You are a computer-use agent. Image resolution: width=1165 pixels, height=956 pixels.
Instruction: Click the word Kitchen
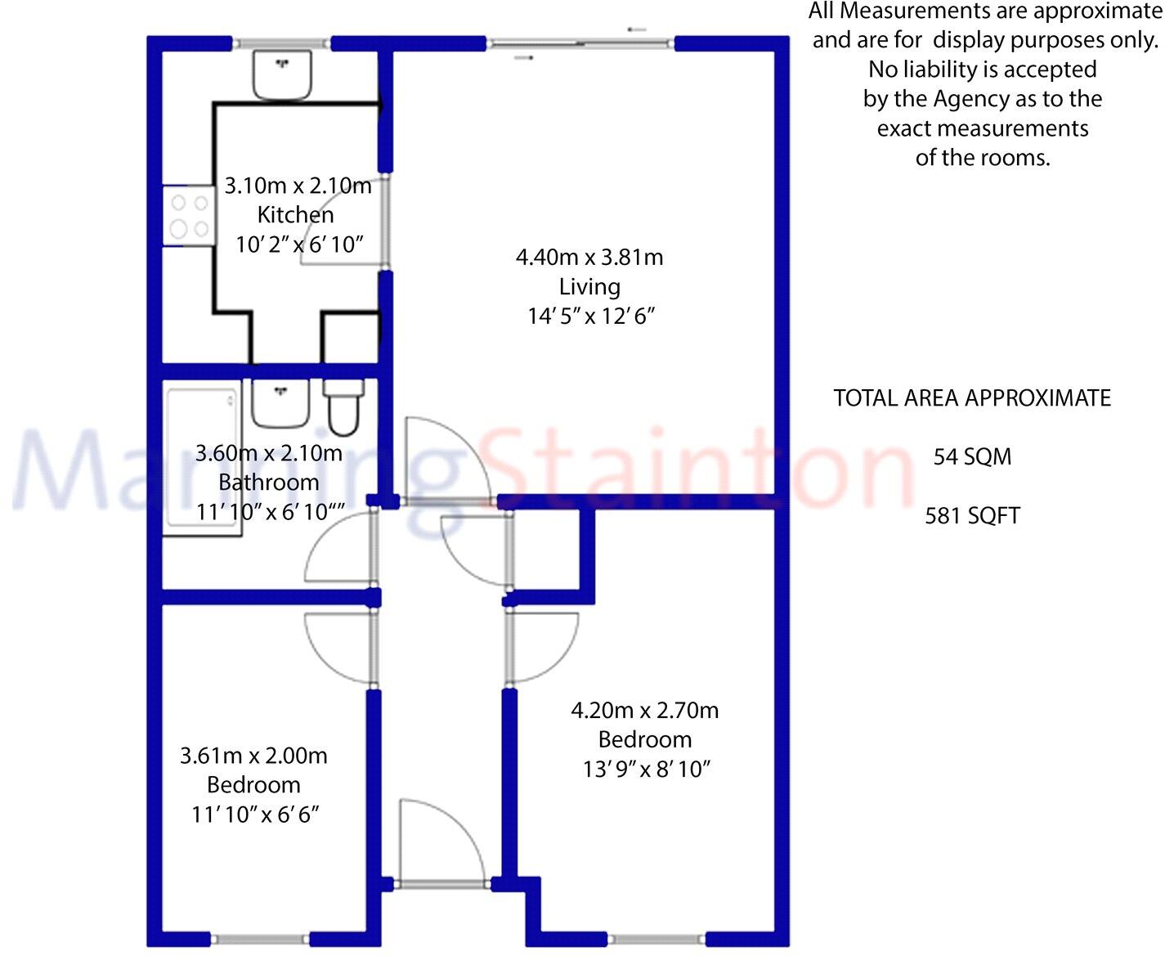[295, 215]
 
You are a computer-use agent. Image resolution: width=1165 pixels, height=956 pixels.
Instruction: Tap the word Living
[589, 287]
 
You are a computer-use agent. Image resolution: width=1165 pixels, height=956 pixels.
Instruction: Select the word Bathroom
[268, 482]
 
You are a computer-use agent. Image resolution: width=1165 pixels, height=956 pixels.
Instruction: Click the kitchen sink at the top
[282, 74]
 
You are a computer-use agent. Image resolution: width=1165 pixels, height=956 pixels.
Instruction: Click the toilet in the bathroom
[343, 406]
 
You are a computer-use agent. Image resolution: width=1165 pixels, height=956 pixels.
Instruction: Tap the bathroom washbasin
[280, 402]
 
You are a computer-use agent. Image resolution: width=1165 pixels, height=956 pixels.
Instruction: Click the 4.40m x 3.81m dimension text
[589, 258]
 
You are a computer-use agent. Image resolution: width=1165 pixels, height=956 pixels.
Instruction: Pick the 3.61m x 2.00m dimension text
[253, 756]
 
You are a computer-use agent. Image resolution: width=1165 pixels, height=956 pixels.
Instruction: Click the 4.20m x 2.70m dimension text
[644, 711]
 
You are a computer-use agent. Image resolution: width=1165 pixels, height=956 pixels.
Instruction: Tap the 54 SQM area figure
[972, 457]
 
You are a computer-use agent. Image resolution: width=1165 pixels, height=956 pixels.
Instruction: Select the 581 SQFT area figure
[972, 516]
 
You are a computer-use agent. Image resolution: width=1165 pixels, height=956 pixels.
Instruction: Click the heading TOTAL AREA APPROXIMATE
[972, 398]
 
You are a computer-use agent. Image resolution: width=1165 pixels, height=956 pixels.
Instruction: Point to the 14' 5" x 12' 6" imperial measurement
[591, 316]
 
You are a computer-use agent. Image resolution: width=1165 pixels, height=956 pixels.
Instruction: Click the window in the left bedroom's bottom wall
[261, 939]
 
